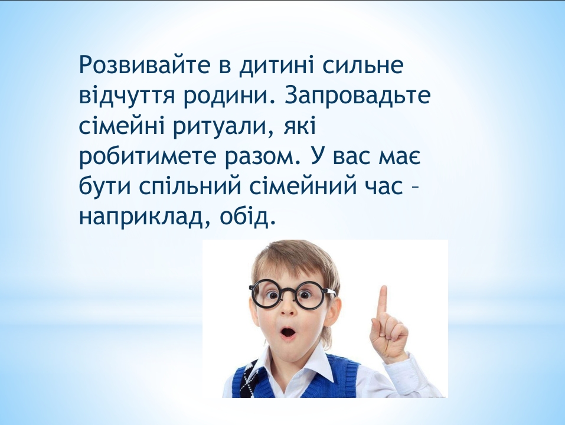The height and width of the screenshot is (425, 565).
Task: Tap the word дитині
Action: click(x=275, y=66)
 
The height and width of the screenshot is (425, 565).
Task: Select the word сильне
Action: click(x=362, y=65)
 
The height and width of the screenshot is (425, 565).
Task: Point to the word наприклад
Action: click(x=144, y=218)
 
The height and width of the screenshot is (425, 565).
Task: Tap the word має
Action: click(x=399, y=159)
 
